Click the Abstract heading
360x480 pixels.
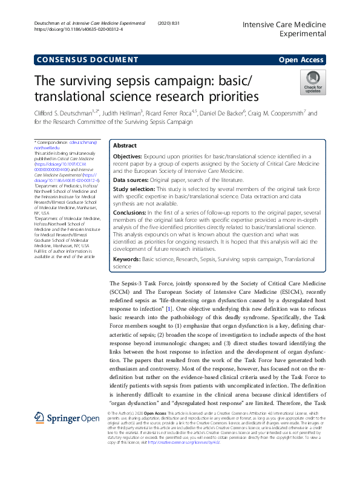(x=125, y=146)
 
